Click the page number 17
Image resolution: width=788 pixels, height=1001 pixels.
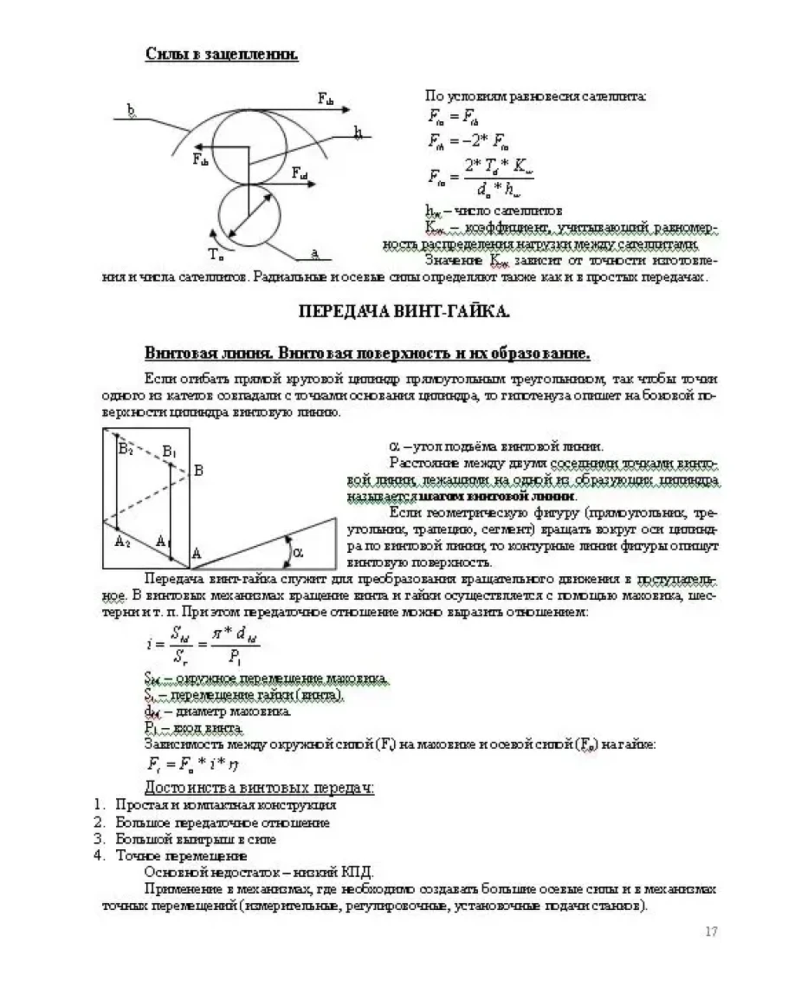[x=711, y=932]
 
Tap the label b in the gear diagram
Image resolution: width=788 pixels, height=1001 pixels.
[x=131, y=110]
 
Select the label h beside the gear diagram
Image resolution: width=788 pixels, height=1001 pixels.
[x=357, y=132]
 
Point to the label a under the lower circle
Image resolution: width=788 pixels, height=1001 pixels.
[x=314, y=252]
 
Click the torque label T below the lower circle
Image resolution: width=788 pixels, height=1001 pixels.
[x=216, y=254]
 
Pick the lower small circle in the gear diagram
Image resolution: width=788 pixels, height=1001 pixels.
[x=248, y=214]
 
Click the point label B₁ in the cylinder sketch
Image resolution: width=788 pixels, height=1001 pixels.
[x=170, y=452]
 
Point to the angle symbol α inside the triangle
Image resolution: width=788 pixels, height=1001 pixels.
[x=298, y=550]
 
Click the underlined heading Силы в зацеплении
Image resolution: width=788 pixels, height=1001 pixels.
[x=222, y=55]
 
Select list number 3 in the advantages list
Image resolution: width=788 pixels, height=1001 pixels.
[x=99, y=839]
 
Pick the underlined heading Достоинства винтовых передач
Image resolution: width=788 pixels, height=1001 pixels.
[x=259, y=787]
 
